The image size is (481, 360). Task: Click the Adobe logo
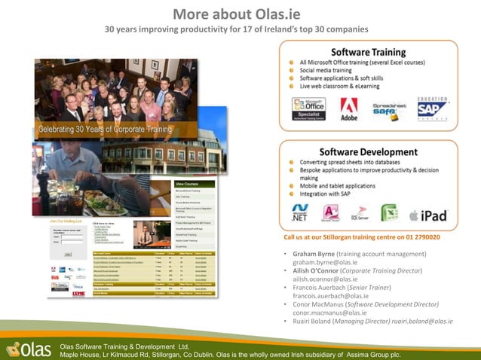point(349,108)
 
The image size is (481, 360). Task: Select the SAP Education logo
point(432,108)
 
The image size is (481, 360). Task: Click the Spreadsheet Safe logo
point(391,108)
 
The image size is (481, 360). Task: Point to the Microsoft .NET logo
point(301,214)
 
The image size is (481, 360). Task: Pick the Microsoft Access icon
point(330,214)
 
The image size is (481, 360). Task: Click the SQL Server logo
point(360,214)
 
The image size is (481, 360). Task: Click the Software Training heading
point(368,52)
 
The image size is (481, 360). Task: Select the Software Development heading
point(368,151)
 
